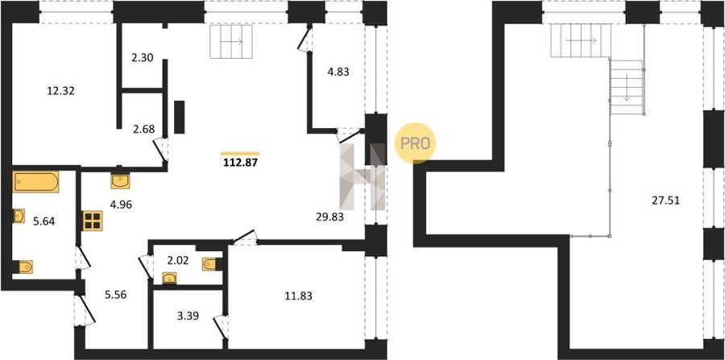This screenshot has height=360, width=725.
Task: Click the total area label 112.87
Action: [x=240, y=162]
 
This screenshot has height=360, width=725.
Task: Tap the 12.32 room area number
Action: [x=61, y=91]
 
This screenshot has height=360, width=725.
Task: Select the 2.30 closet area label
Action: [x=142, y=58]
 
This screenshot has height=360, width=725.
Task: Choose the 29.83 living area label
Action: [x=329, y=217]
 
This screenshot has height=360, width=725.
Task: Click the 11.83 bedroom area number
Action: [x=298, y=296]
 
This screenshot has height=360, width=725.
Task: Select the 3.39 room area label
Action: [x=188, y=317]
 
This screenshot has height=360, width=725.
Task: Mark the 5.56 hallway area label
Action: [x=115, y=295]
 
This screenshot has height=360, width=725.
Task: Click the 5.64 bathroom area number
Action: [x=44, y=221]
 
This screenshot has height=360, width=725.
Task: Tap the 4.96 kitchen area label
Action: [x=121, y=204]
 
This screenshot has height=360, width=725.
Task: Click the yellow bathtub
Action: [x=36, y=182]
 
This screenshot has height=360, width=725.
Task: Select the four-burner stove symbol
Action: [x=93, y=221]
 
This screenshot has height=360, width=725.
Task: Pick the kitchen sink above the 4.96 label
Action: [x=120, y=181]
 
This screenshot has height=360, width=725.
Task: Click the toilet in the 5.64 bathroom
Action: [x=23, y=267]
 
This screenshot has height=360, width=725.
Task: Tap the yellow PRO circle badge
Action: [x=415, y=143]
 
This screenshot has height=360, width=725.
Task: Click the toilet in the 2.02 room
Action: [x=210, y=264]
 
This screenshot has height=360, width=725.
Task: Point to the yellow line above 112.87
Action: [x=240, y=153]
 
